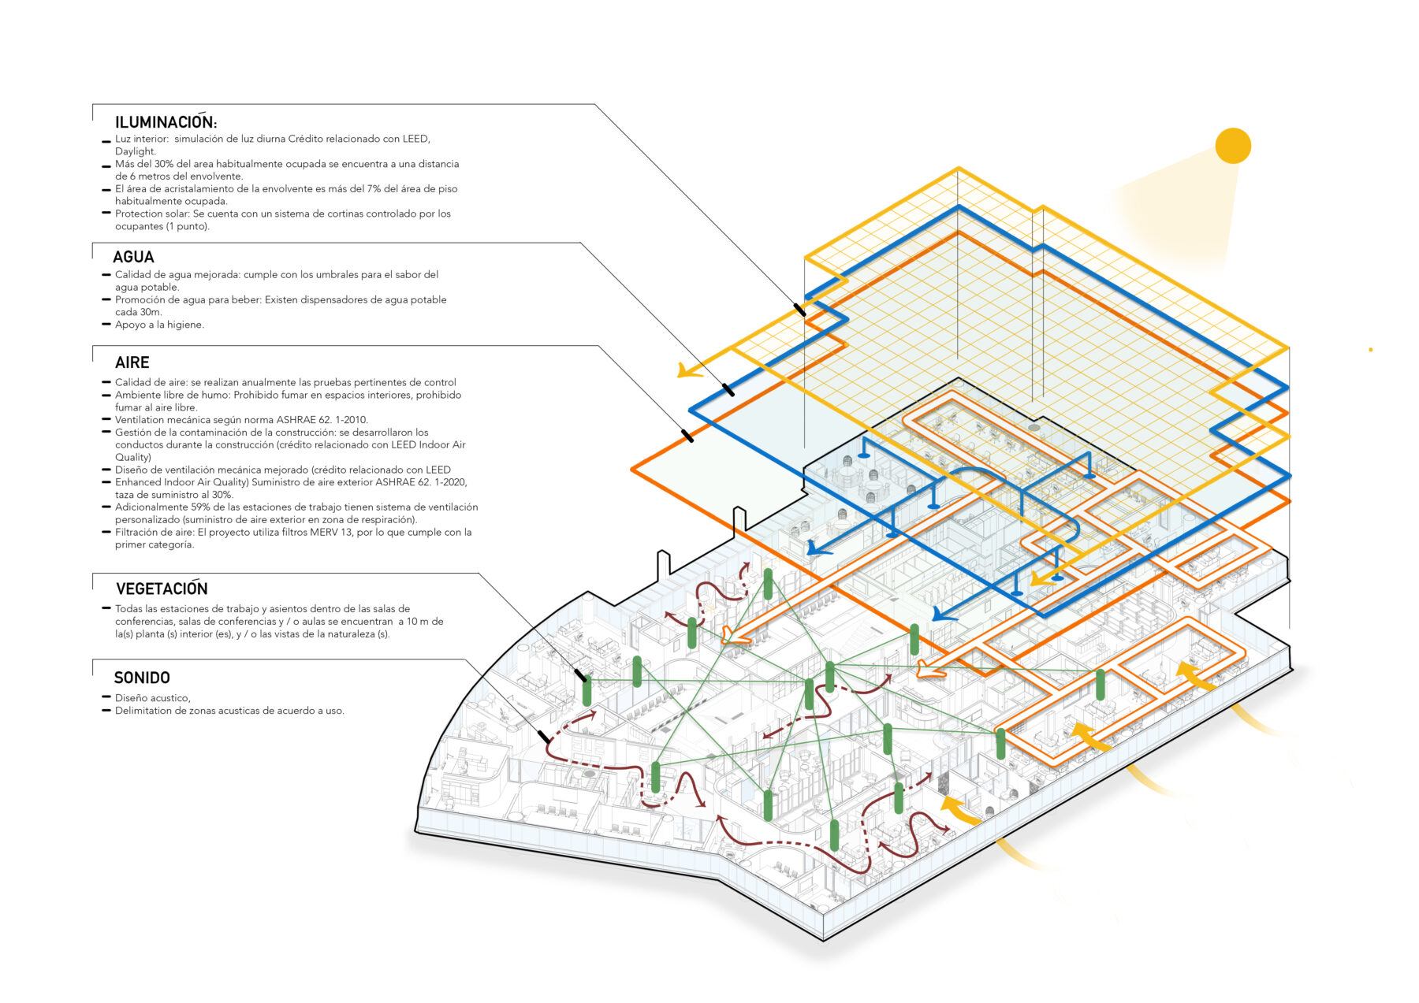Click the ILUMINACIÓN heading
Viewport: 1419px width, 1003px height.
tap(166, 121)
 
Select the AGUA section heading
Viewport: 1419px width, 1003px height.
tap(133, 257)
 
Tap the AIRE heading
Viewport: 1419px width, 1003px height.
tap(132, 362)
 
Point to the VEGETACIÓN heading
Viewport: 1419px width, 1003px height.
tap(162, 589)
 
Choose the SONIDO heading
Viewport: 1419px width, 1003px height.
tap(142, 678)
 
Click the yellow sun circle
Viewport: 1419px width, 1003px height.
tap(1233, 146)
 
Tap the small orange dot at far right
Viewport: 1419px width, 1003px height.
tap(1371, 350)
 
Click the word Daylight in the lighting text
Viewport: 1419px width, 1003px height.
tap(135, 151)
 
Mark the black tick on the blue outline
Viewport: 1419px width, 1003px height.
tap(728, 389)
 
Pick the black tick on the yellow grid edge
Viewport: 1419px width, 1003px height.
tap(799, 310)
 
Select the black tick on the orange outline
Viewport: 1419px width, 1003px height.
tap(687, 435)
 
